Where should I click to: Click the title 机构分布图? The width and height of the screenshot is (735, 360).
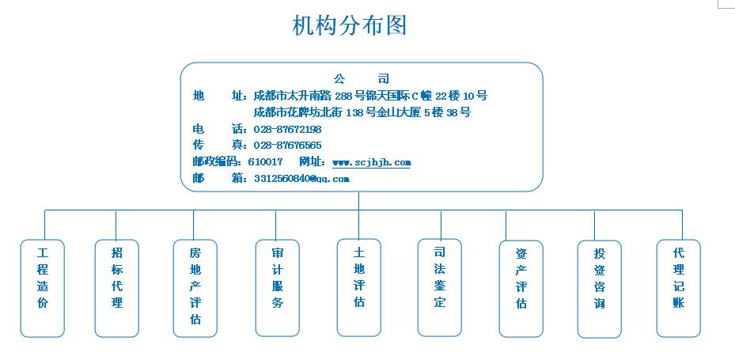click(x=349, y=25)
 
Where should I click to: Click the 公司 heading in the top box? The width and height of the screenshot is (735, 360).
click(x=362, y=79)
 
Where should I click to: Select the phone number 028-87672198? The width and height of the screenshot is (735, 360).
click(x=287, y=129)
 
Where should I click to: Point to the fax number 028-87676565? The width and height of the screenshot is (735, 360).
click(x=287, y=146)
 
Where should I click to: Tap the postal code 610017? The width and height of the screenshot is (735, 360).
click(x=265, y=161)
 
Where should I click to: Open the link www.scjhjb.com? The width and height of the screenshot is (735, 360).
click(x=372, y=162)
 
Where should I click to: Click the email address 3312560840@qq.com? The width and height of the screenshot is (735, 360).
click(x=302, y=179)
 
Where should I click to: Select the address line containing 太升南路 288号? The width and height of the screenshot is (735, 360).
click(x=370, y=96)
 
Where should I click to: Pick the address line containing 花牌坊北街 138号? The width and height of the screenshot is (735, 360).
click(x=362, y=112)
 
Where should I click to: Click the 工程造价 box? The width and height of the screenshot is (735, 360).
click(x=43, y=288)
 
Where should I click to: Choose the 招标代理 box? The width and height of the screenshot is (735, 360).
click(x=117, y=288)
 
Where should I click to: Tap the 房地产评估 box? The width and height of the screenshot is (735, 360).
click(x=195, y=288)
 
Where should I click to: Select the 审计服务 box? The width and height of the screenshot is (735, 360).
click(x=278, y=288)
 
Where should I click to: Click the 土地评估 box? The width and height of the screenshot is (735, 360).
click(x=359, y=287)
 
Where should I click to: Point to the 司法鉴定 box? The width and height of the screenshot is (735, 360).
click(x=440, y=287)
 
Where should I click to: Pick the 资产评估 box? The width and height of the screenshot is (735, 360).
click(x=521, y=289)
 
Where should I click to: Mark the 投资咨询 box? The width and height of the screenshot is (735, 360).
click(x=600, y=289)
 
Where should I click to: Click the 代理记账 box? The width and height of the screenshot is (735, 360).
click(x=679, y=288)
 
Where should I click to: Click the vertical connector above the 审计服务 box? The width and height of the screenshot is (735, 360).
click(x=275, y=225)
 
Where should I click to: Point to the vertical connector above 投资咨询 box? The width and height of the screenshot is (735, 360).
click(x=594, y=225)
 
